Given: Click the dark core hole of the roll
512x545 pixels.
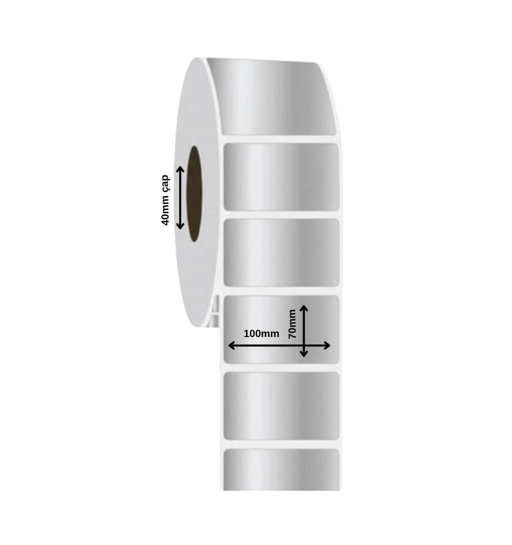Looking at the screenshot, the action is point(195,194).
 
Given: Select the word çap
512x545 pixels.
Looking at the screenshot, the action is point(166,183).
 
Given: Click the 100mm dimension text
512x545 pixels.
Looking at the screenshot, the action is point(261,334).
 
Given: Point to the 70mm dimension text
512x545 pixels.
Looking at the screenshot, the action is point(292,324).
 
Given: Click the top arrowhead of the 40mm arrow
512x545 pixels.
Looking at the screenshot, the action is point(180,169).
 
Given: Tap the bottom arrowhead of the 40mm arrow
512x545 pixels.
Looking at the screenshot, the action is point(180,226).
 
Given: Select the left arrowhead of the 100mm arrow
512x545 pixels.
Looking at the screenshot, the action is point(232,345).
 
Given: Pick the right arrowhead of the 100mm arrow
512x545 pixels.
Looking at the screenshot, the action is point(326,345).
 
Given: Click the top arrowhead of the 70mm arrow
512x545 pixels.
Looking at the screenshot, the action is point(304,309).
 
